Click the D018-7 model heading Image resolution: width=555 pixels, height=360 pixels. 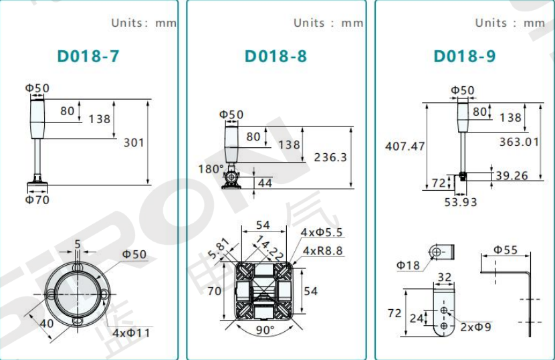point(88,56)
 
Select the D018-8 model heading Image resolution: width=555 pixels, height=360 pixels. point(275,56)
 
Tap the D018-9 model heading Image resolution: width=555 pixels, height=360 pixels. point(465,56)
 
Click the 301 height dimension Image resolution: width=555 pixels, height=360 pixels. point(134,143)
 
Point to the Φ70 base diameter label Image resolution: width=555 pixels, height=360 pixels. point(37,200)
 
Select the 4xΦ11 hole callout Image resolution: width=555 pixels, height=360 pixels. point(131,333)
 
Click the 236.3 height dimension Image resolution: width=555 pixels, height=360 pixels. point(330,157)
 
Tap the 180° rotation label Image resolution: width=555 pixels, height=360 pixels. point(211,169)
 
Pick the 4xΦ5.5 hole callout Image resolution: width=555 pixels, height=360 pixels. point(322,232)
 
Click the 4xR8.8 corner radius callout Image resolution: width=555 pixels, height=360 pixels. point(323,251)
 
